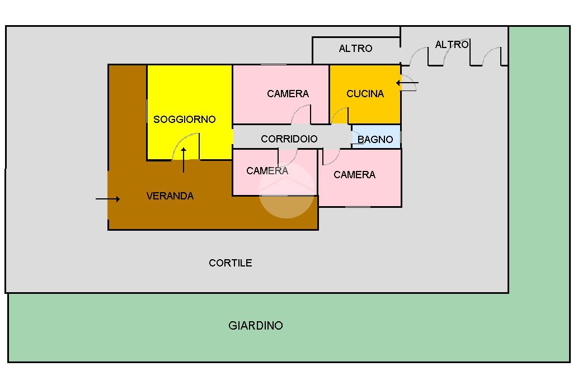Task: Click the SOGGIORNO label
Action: click(x=184, y=120)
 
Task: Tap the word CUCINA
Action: click(x=365, y=94)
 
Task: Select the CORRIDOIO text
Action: click(x=289, y=139)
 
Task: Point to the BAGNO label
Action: click(x=375, y=140)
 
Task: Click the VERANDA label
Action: click(x=170, y=196)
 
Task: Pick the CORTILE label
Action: click(x=230, y=263)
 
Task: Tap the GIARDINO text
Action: click(x=256, y=326)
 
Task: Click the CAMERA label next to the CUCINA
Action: click(x=288, y=94)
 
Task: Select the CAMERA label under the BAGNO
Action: click(x=354, y=175)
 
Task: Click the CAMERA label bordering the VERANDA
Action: click(x=267, y=171)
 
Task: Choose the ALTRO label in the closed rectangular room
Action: click(x=355, y=49)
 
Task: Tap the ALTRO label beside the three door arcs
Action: click(x=452, y=45)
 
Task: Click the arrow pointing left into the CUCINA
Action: click(x=407, y=84)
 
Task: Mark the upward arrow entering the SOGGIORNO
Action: click(x=184, y=160)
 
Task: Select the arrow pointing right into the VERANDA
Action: click(x=107, y=199)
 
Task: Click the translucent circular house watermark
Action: click(x=286, y=190)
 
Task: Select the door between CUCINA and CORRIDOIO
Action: click(x=340, y=116)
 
